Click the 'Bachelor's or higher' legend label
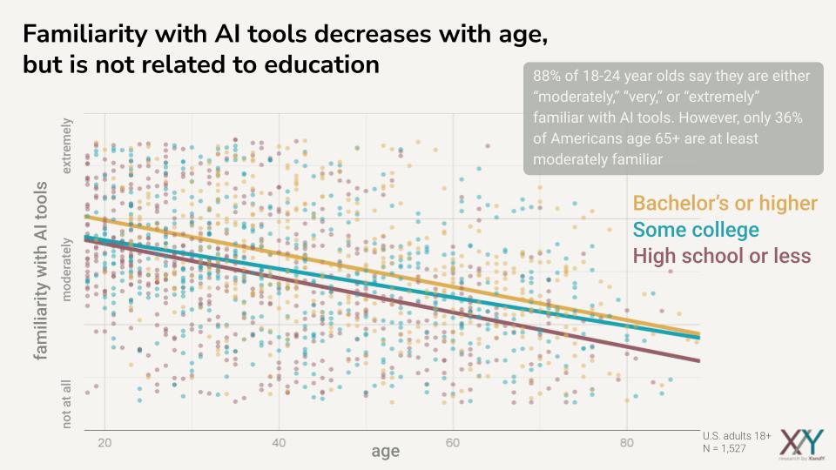pos(725,204)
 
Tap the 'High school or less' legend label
pos(722,256)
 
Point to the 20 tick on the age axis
pos(104,442)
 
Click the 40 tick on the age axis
pos(279,442)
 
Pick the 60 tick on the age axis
pos(453,442)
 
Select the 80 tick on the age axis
pos(627,442)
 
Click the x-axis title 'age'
pos(386,451)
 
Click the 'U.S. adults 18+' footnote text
pos(737,435)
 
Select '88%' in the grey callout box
pos(547,76)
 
